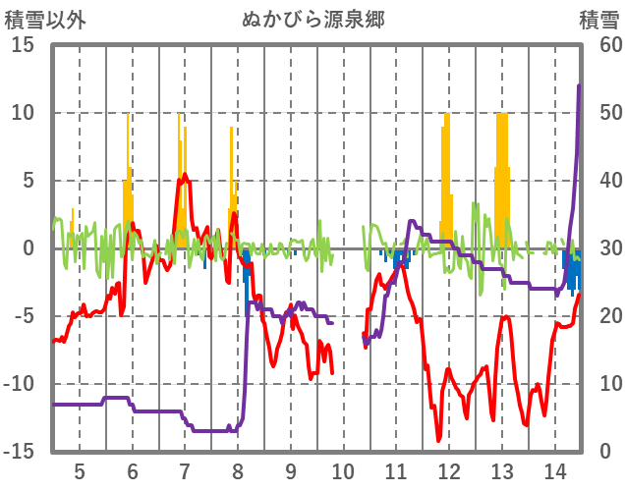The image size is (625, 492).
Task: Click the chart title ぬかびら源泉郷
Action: [312, 20]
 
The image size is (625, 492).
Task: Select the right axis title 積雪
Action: [598, 20]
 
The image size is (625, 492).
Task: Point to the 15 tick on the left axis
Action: [23, 45]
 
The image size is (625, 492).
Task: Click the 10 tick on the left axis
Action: [23, 113]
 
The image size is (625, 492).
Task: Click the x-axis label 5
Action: [80, 470]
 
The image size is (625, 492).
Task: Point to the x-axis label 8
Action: [238, 470]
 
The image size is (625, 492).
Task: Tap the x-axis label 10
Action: [343, 470]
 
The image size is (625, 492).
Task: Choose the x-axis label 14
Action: [554, 470]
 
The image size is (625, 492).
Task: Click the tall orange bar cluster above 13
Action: [502, 177]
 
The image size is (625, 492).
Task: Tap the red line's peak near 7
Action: [184, 176]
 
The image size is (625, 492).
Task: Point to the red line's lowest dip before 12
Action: [439, 441]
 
